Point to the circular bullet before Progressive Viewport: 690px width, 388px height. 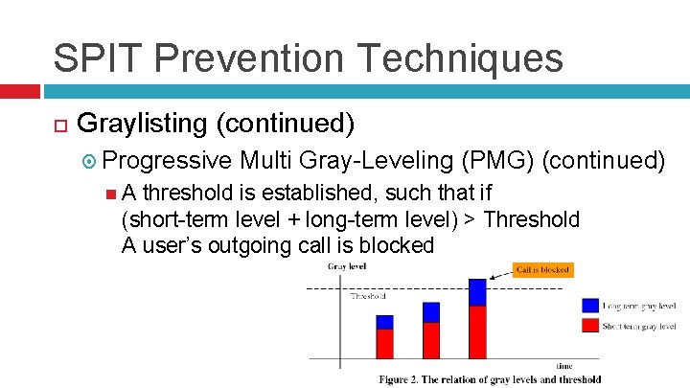pyautogui.click(x=87, y=159)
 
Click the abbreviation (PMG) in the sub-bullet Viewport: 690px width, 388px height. pyautogui.click(x=496, y=158)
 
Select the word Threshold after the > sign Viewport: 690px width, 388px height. pyautogui.click(x=532, y=219)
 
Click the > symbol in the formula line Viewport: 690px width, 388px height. pyautogui.click(x=470, y=219)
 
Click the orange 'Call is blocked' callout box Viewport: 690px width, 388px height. pyautogui.click(x=543, y=270)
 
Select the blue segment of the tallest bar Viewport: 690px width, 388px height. pyautogui.click(x=477, y=292)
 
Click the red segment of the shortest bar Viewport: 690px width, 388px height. pyautogui.click(x=384, y=343)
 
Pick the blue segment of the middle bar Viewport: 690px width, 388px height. pyautogui.click(x=431, y=312)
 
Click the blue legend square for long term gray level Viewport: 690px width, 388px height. pyautogui.click(x=590, y=306)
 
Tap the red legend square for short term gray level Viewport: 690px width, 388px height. pyautogui.click(x=590, y=327)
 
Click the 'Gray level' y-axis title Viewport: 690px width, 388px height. pyautogui.click(x=347, y=266)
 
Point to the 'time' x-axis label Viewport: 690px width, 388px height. pyautogui.click(x=565, y=365)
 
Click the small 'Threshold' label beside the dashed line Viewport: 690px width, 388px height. pyautogui.click(x=368, y=296)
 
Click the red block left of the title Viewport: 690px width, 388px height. pyautogui.click(x=19, y=91)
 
